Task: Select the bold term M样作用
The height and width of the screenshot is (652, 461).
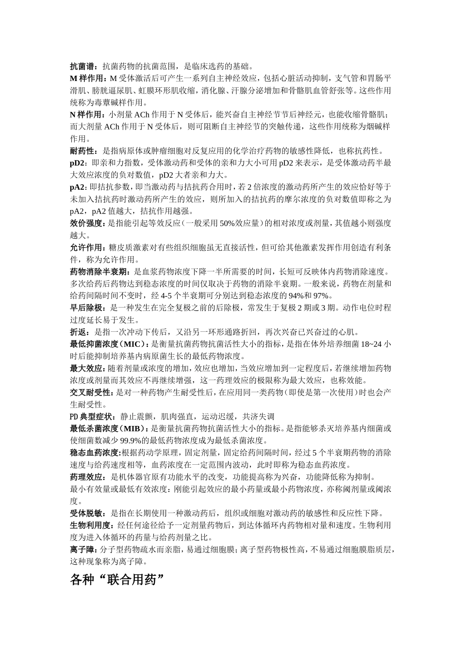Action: click(x=87, y=78)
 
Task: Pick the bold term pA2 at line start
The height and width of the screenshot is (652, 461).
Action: click(x=78, y=187)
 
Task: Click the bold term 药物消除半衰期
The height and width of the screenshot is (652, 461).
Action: click(x=99, y=272)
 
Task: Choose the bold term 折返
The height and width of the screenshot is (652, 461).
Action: click(x=78, y=332)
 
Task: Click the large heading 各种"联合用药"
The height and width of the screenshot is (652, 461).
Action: click(x=117, y=579)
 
